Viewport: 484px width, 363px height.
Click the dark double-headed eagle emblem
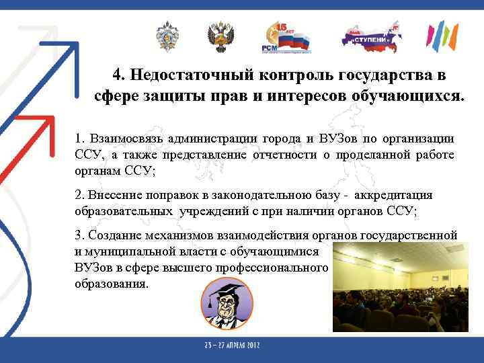[220, 37]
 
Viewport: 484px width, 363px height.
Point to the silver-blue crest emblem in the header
[166, 36]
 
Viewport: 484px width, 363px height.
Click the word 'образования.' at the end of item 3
[112, 283]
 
